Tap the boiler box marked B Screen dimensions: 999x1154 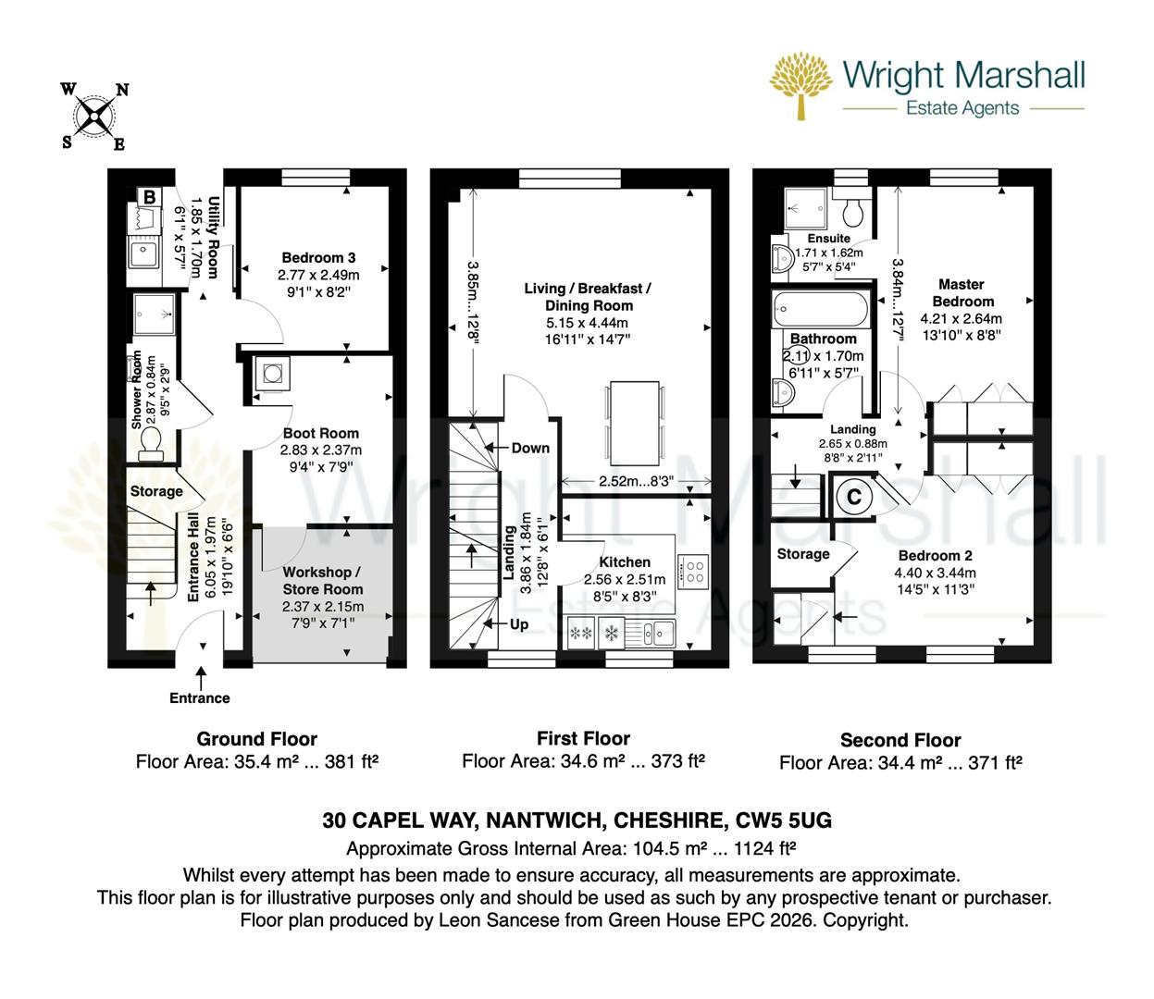(x=148, y=196)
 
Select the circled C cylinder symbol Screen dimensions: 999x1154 (x=854, y=497)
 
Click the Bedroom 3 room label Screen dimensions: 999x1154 (x=318, y=258)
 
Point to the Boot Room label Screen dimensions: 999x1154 (x=320, y=433)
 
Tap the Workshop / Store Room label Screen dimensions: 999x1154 (x=322, y=581)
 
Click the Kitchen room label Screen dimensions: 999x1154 (x=625, y=561)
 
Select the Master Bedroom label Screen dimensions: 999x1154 (x=962, y=292)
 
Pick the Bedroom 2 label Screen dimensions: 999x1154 (x=936, y=555)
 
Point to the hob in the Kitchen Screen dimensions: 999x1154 (x=693, y=571)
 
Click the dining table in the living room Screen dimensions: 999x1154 (x=635, y=413)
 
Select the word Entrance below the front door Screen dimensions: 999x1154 (x=199, y=698)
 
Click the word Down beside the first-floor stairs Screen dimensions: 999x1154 (x=530, y=448)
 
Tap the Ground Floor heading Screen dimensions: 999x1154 (x=256, y=739)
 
